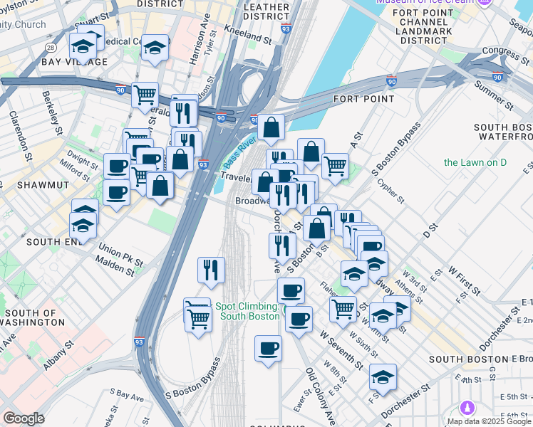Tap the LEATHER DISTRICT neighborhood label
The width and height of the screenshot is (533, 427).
(266, 12)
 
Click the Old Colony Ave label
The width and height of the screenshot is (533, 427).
(320, 395)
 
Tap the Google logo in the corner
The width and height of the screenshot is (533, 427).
(24, 418)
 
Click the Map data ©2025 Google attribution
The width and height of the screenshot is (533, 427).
(489, 421)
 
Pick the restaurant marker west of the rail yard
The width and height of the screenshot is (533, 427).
(212, 269)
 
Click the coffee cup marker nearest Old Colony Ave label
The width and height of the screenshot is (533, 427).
(268, 348)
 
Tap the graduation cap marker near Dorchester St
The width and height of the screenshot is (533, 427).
(383, 376)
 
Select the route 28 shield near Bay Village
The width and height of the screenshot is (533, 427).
(50, 47)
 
